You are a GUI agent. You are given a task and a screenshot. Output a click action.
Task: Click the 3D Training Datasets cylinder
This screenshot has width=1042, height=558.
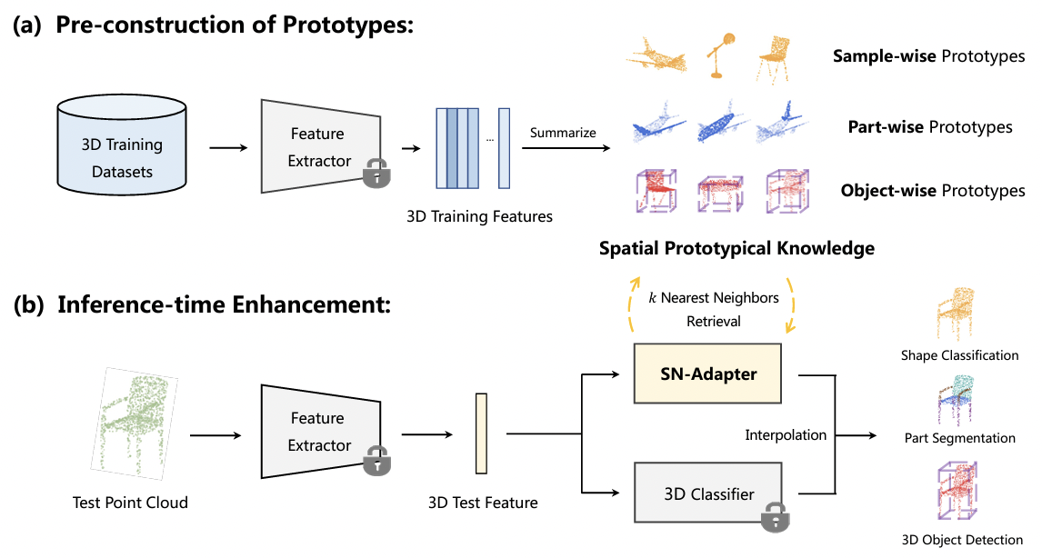pyautogui.click(x=123, y=145)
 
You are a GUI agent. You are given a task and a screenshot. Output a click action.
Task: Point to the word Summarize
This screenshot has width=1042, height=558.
pyautogui.click(x=564, y=133)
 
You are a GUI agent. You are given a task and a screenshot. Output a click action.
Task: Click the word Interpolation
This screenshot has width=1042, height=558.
pyautogui.click(x=786, y=434)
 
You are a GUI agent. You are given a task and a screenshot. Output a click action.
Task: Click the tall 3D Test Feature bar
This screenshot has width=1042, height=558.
pyautogui.click(x=482, y=433)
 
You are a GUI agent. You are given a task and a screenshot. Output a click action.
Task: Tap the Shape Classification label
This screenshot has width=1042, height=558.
pyautogui.click(x=959, y=354)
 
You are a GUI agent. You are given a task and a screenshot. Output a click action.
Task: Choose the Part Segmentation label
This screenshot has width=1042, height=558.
pyautogui.click(x=959, y=438)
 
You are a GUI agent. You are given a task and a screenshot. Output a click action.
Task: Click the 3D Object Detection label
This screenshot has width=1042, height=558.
pyautogui.click(x=961, y=540)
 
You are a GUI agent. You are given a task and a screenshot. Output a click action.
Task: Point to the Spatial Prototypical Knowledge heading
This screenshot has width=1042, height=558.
pyautogui.click(x=736, y=247)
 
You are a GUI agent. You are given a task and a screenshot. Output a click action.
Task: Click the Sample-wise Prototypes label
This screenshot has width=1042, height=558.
pyautogui.click(x=928, y=56)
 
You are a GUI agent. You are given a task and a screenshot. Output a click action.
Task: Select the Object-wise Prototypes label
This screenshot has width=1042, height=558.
pyautogui.click(x=933, y=191)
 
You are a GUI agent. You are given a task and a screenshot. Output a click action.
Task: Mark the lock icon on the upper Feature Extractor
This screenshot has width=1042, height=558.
pyautogui.click(x=375, y=174)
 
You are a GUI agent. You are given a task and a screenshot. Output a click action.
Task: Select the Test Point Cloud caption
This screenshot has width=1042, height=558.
pyautogui.click(x=130, y=502)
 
